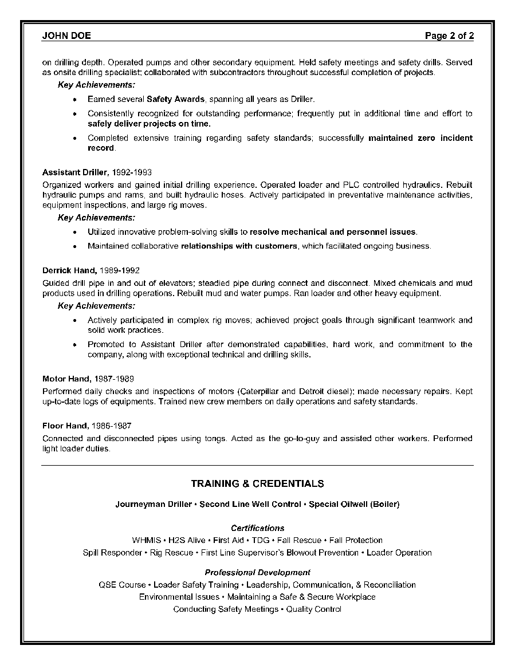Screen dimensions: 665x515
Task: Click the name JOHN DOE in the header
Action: pyautogui.click(x=66, y=36)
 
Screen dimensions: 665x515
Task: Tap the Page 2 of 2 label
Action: pyautogui.click(x=449, y=36)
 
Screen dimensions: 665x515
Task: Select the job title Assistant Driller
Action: pyautogui.click(x=74, y=172)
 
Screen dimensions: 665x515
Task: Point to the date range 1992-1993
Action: pyautogui.click(x=131, y=172)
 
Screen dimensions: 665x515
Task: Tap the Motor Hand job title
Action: pyautogui.click(x=66, y=379)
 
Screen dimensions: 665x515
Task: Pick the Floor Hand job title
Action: pyautogui.click(x=65, y=426)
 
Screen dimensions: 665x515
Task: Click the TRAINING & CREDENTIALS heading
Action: pyautogui.click(x=257, y=484)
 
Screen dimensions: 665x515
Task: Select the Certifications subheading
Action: pyautogui.click(x=257, y=528)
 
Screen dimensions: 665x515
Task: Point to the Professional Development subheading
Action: pyautogui.click(x=257, y=572)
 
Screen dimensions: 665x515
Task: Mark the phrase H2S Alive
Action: pyautogui.click(x=186, y=540)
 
